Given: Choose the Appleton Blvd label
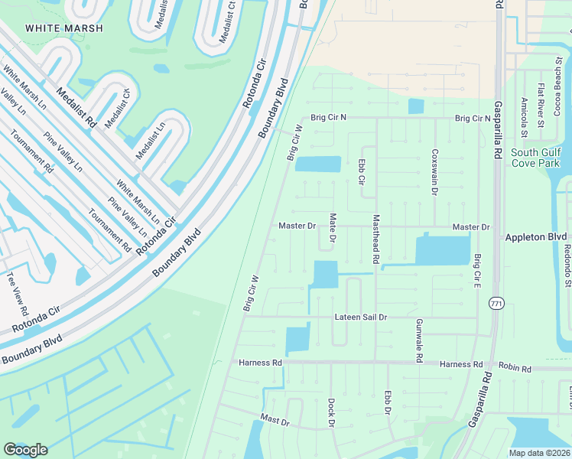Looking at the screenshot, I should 535,238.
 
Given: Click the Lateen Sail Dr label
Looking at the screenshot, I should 361,317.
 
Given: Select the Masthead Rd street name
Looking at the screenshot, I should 375,239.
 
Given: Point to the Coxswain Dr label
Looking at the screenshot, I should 434,171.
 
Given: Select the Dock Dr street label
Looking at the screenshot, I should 331,413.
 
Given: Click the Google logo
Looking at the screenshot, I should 25,450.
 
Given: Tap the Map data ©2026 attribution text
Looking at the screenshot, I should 539,453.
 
